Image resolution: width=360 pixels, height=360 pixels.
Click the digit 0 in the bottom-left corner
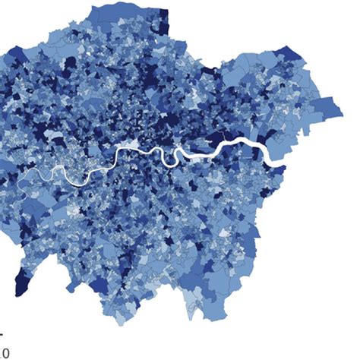4,352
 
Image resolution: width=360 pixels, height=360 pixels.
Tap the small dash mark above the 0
2,334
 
